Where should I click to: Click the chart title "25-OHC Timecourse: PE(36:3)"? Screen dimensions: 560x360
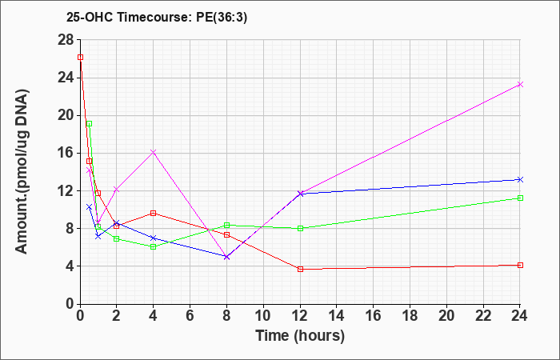click(157, 18)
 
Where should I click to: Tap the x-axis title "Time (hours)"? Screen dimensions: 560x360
click(300, 336)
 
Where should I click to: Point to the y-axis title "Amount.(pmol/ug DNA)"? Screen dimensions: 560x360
click(22, 171)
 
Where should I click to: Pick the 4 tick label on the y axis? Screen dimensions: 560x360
click(70, 266)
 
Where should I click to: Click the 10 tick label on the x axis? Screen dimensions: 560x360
click(263, 316)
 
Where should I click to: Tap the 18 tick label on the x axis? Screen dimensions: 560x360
click(410, 316)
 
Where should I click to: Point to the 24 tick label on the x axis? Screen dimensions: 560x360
click(519, 316)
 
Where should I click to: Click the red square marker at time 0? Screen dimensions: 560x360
click(80, 57)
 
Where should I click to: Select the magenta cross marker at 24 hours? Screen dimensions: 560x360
click(520, 84)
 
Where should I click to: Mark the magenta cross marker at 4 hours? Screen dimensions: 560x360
click(154, 153)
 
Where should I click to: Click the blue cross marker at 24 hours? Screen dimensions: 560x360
click(520, 180)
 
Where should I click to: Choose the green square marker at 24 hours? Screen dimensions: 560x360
click(520, 198)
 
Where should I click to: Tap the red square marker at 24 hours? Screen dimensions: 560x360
click(520, 265)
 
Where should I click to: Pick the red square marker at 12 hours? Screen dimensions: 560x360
click(300, 269)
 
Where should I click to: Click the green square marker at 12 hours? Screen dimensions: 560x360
click(300, 228)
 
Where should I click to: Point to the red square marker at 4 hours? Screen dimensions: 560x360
click(154, 214)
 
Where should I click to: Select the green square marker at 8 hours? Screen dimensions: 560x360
click(226, 225)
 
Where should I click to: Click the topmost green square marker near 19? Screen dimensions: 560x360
click(90, 123)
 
